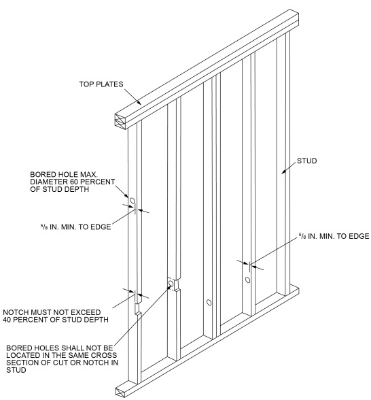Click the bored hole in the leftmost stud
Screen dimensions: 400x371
coord(132,201)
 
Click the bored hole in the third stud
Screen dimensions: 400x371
coord(209,301)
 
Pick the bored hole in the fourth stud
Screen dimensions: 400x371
coord(248,280)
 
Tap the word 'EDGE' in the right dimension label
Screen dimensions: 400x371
coord(356,237)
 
